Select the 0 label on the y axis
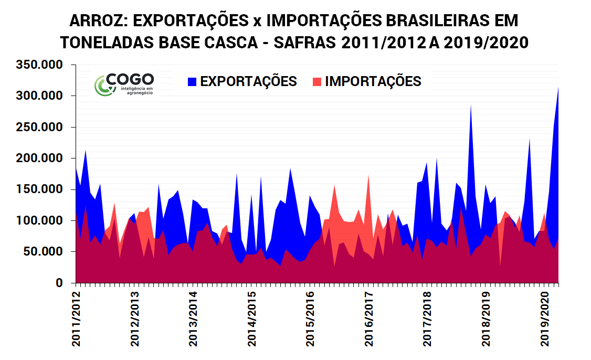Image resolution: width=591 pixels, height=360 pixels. click(59, 283)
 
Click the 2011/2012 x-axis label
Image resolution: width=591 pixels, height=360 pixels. click(77, 317)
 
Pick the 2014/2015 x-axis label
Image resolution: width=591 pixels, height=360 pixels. click(252, 317)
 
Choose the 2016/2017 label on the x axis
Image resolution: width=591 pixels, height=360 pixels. click(370, 317)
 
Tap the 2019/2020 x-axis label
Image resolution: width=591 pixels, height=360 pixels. click(545, 317)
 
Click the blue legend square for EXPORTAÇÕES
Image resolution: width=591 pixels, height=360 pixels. click(193, 82)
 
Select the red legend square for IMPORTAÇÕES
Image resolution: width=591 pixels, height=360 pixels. click(316, 82)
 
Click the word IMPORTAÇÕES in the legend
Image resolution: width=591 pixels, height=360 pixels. click(373, 82)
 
